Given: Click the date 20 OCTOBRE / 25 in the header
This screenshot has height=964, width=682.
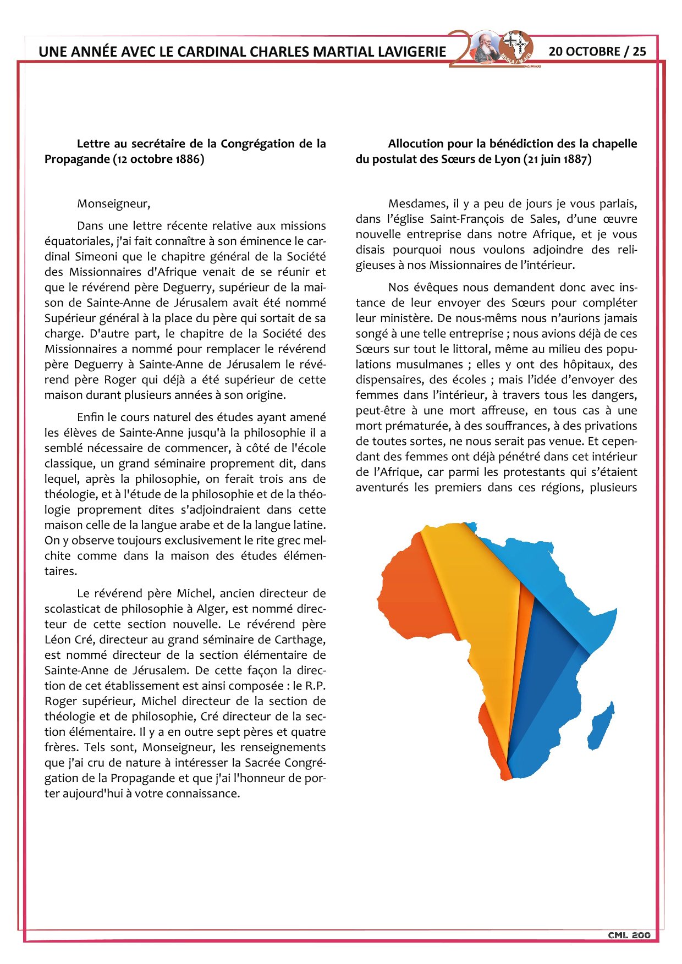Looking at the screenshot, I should tap(597, 51).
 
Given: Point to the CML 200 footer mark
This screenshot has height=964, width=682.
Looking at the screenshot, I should tap(629, 935).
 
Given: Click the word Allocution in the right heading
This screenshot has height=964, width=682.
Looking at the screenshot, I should tap(414, 144).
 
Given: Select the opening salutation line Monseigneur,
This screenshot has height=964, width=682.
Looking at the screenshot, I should tap(113, 203).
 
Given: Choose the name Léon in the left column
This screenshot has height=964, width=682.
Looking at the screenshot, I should tap(57, 640).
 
